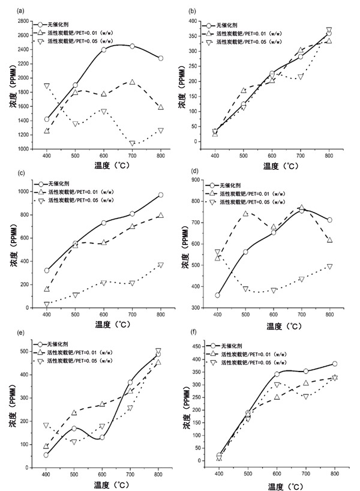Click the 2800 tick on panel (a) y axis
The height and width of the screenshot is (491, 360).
coord(26,21)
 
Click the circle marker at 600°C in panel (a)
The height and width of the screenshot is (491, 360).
coord(104,50)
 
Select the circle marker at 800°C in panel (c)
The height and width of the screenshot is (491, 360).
coord(160,194)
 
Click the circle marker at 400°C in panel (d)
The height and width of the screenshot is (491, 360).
coord(217,295)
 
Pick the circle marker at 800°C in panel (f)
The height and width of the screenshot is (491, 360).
coord(334,364)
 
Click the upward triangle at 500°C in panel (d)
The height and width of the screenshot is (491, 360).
coord(245,214)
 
